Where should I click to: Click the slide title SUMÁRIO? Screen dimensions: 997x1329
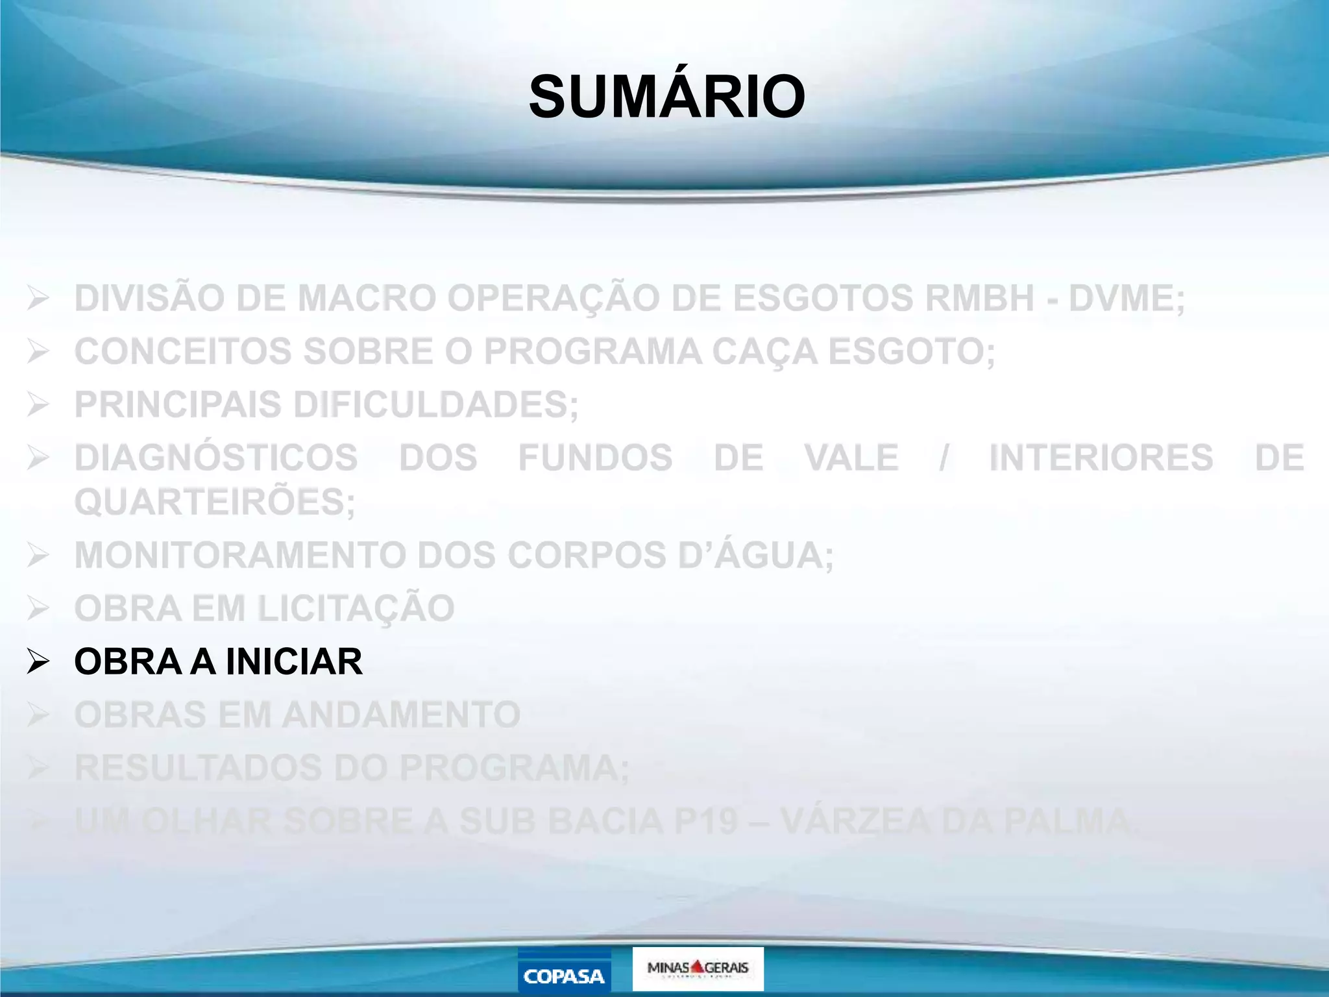coord(666,97)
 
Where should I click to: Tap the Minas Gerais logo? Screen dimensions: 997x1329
coord(698,968)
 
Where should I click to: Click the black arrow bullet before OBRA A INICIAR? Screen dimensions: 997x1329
coord(38,661)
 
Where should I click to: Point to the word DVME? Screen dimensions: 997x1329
coord(1126,299)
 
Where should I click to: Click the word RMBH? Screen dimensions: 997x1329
coord(979,299)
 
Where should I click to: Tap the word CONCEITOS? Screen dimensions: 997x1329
coord(183,352)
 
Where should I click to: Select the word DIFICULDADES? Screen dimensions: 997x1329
coord(435,405)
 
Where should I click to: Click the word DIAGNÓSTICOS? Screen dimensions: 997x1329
coord(216,458)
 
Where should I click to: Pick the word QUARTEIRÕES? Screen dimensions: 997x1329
coord(215,502)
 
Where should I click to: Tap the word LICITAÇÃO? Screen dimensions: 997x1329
coord(356,609)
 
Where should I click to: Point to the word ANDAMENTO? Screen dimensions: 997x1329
coord(401,715)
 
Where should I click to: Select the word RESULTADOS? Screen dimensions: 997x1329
coord(199,768)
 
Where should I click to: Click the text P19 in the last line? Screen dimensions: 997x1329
coord(706,821)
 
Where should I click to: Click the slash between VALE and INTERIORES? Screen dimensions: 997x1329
coord(944,458)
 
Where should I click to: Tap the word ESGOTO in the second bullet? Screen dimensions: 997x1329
coord(911,352)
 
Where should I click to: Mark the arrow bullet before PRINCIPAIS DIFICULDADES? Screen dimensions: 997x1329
coord(38,405)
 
